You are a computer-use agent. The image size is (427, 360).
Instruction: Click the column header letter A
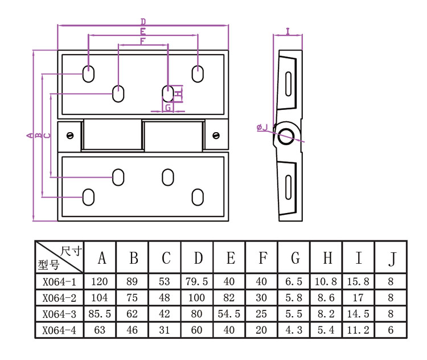click(101, 258)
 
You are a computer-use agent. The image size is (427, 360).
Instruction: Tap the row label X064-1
click(59, 281)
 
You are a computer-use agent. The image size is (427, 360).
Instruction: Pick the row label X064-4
click(59, 330)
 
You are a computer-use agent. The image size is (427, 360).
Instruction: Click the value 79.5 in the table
click(198, 281)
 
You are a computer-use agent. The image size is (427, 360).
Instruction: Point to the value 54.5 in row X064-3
click(230, 314)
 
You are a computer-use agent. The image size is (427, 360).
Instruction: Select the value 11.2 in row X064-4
click(359, 330)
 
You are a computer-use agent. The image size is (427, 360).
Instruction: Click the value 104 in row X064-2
click(100, 297)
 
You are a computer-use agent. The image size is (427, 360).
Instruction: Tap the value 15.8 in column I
click(359, 281)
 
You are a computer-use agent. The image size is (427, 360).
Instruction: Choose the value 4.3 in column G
click(294, 330)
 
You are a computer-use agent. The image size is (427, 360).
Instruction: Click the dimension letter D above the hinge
click(142, 22)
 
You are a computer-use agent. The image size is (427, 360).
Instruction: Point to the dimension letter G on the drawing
click(168, 107)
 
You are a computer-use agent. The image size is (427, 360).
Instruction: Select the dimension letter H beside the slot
click(179, 93)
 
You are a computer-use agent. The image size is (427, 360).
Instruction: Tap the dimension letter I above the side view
click(288, 31)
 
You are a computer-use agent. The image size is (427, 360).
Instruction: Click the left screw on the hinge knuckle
click(71, 136)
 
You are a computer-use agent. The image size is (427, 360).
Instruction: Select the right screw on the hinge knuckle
click(216, 136)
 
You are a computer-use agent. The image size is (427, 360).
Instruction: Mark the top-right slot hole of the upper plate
click(198, 73)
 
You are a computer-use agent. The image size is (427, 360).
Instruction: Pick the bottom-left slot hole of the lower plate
click(89, 197)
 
